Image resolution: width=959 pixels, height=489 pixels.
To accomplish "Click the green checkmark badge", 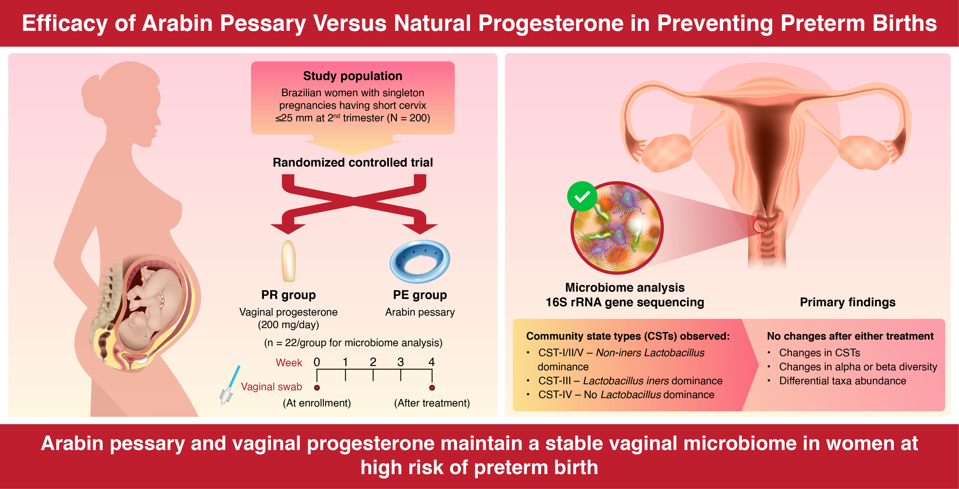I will coord(582,196).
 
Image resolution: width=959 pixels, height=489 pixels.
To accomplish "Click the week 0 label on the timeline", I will coord(317,362).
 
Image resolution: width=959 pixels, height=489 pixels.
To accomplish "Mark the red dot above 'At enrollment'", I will coord(317,388).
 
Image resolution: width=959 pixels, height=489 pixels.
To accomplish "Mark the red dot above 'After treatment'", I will coord(432,388).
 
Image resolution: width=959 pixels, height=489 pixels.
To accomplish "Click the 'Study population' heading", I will coord(353,76).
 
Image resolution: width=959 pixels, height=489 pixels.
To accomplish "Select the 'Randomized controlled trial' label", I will coord(353,163).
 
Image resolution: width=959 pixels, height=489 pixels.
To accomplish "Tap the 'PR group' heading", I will coord(288,295).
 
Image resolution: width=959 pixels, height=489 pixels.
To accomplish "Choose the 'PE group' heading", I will coord(420,295).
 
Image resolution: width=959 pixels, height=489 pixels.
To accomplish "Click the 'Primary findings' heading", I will coord(848,302).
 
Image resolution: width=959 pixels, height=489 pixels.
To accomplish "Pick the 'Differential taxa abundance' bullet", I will coord(842,381).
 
